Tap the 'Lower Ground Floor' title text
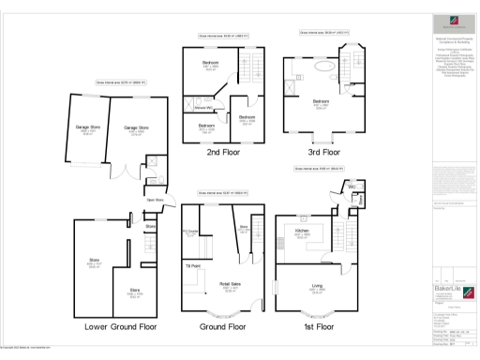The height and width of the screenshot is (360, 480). pos(120,327)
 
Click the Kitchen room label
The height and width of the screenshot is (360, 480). pos(303,230)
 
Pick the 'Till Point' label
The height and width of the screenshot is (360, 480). pos(193,267)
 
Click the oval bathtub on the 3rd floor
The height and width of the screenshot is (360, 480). pos(320,67)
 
